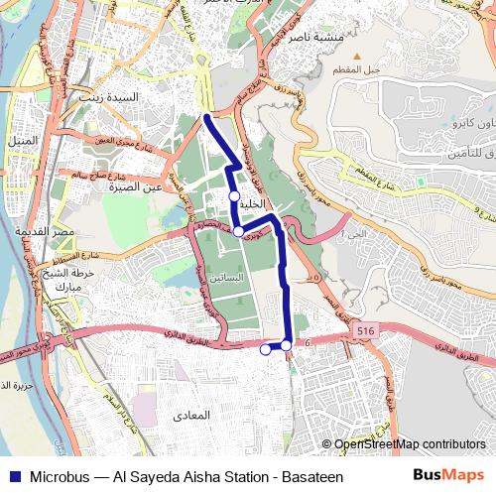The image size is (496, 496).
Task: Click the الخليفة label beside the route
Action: tap(254, 203)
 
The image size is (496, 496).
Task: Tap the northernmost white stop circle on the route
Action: tap(234, 196)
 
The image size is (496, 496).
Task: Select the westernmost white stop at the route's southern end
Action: tap(265, 349)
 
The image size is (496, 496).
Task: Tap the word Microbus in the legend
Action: tap(59, 476)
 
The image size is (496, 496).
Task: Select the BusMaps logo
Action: tap(449, 475)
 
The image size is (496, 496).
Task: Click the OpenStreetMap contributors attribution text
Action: tap(410, 444)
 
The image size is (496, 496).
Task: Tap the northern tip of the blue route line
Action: tap(206, 117)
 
